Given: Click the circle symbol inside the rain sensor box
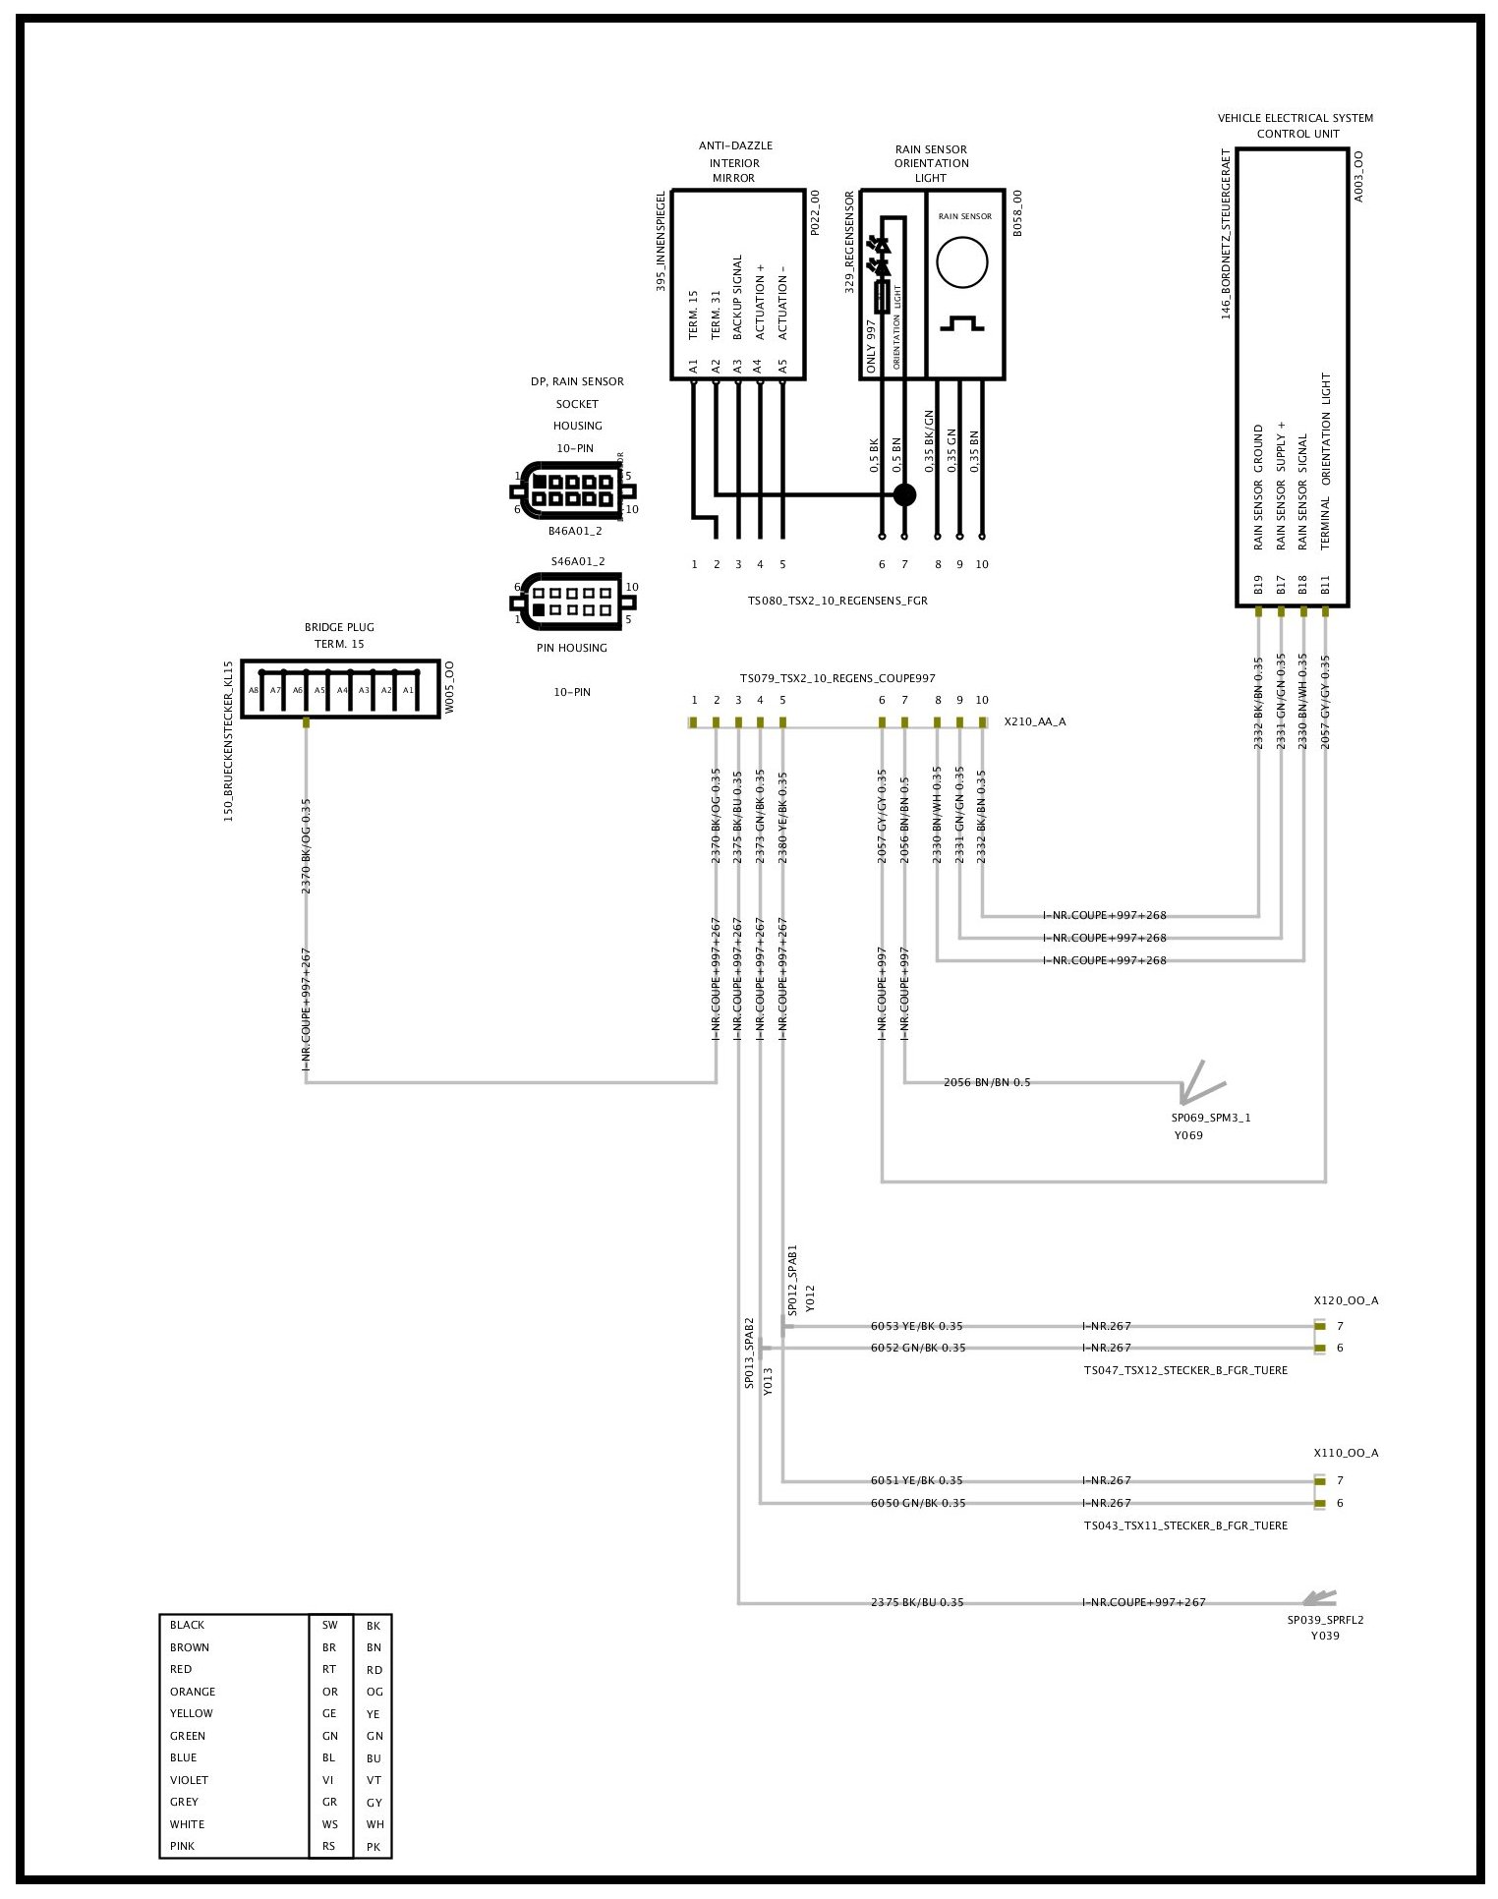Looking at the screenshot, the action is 961,263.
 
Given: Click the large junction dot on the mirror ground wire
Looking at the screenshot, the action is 904,494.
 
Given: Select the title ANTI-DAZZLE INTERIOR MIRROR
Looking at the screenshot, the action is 734,162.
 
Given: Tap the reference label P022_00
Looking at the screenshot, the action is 815,213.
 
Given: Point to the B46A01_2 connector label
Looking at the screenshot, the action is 575,531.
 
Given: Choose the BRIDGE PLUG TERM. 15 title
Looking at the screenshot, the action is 339,635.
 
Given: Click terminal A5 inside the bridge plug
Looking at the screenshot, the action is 319,690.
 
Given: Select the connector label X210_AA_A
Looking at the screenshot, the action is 1034,721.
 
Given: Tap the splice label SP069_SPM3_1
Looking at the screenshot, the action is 1210,1118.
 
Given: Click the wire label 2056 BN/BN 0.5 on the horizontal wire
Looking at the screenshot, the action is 987,1082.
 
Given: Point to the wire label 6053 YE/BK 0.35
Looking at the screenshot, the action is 917,1326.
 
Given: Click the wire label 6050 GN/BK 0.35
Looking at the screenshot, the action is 917,1503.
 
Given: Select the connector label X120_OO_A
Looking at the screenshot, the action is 1346,1300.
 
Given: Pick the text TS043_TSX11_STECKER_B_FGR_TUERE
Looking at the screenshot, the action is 1184,1525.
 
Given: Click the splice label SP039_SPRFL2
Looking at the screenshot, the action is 1325,1620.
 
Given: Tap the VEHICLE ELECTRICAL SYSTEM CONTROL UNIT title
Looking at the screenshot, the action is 1296,126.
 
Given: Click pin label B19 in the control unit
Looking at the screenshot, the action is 1258,586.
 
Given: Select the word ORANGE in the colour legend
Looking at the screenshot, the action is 193,1692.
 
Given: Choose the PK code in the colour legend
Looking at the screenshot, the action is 374,1847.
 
